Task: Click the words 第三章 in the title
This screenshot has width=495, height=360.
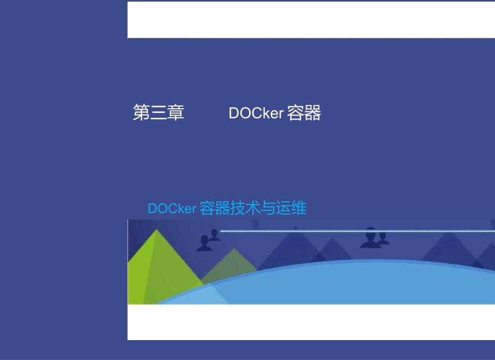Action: click(x=159, y=113)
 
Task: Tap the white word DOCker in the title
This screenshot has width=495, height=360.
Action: click(x=256, y=113)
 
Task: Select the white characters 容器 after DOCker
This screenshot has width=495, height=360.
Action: click(x=304, y=113)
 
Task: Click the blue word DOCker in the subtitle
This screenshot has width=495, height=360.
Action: click(x=172, y=208)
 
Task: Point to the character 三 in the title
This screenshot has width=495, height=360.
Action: click(x=159, y=113)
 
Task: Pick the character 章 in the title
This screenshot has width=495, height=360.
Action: click(x=176, y=113)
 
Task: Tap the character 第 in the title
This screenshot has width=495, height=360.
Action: click(x=142, y=113)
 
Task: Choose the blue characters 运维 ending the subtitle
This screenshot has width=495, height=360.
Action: click(x=291, y=208)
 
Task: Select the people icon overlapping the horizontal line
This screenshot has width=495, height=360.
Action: click(x=374, y=237)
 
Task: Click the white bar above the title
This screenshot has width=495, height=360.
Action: click(x=311, y=20)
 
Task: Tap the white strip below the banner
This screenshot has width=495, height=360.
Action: click(x=311, y=322)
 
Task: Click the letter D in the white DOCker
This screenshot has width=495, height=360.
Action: click(x=234, y=113)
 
